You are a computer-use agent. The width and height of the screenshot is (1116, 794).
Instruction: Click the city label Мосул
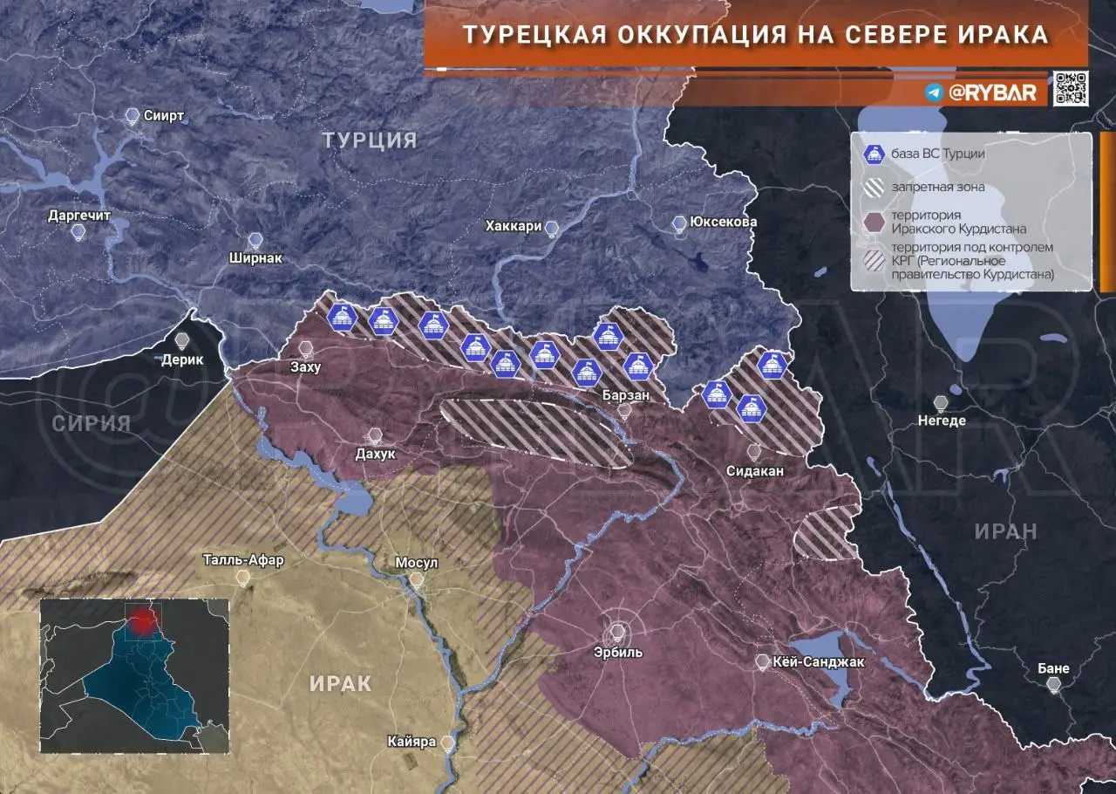[417, 563]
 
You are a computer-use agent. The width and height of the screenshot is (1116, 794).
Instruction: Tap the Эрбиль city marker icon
[618, 630]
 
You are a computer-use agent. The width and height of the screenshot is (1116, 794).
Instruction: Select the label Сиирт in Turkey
[165, 116]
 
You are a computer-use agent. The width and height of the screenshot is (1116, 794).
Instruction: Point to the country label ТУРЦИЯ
[370, 140]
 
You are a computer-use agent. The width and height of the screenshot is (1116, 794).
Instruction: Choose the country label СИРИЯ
[91, 424]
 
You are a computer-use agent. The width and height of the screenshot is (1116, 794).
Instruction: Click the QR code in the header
[1070, 88]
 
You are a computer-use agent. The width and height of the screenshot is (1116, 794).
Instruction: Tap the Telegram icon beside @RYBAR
[934, 92]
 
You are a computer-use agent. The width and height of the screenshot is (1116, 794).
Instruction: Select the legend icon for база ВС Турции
[870, 154]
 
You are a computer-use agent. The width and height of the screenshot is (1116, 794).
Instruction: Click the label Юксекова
[723, 222]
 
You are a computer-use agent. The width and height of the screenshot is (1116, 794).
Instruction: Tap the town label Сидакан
[755, 470]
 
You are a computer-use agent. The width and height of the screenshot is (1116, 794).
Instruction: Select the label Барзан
[624, 395]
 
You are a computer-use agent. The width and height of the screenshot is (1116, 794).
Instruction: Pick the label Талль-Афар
[243, 560]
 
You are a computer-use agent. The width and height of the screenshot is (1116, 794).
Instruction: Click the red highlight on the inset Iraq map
[139, 620]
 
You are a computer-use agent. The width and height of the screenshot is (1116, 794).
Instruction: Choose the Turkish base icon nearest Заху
[342, 318]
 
